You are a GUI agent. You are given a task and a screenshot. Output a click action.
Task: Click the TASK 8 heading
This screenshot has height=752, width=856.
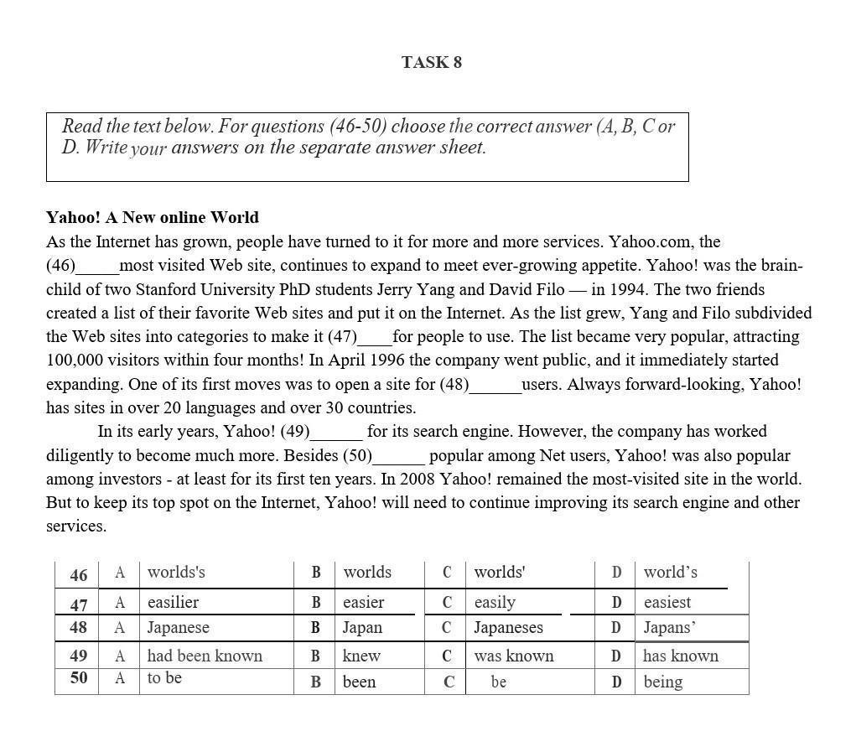tap(431, 63)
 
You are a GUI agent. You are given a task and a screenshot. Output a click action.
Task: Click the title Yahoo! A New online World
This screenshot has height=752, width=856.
tap(153, 218)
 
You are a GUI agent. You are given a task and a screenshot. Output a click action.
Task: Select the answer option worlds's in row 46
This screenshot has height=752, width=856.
tap(176, 573)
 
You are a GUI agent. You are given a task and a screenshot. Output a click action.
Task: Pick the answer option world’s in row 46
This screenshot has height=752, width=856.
tap(670, 573)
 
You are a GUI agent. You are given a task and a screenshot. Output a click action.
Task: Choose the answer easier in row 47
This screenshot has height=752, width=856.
tap(363, 603)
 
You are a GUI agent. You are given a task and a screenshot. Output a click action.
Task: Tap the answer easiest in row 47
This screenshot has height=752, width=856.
tap(667, 603)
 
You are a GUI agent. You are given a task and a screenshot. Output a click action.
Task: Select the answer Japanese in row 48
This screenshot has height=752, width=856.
tap(178, 628)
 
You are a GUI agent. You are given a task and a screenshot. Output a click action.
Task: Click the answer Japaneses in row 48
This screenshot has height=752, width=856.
tap(508, 628)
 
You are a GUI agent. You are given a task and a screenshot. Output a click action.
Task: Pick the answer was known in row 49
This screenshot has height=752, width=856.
tap(513, 656)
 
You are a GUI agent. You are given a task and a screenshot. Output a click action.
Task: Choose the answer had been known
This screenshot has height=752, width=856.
tap(205, 656)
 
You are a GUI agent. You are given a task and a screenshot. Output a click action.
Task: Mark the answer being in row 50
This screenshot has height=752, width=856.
tap(662, 682)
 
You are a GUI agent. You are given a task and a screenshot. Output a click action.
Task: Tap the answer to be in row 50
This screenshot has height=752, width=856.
tap(164, 678)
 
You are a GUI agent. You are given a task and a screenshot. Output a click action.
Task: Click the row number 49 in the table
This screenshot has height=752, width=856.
tap(79, 656)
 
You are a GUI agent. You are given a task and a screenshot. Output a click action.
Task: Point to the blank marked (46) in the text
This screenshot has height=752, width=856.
tap(96, 267)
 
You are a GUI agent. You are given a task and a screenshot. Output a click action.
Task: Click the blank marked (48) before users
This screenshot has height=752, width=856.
tap(495, 386)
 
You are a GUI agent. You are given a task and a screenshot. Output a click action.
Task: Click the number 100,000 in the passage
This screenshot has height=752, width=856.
tap(76, 360)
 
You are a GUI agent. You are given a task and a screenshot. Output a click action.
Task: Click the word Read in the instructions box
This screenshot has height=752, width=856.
tap(81, 127)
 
